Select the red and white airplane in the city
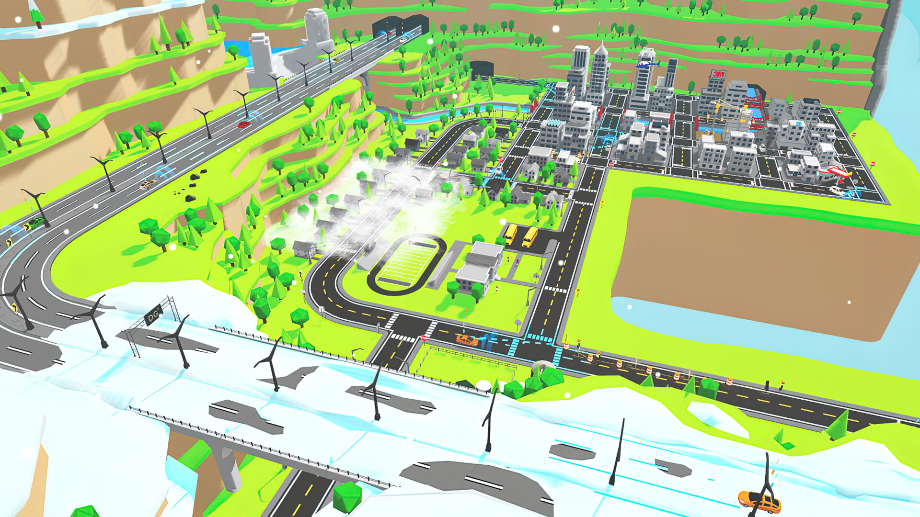(x=835, y=171)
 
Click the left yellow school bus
(x=511, y=234)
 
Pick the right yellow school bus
(x=530, y=236)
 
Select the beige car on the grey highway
(x=149, y=184)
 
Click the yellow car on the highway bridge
(x=336, y=60)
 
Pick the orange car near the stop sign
(x=467, y=340)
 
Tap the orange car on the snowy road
(x=759, y=501)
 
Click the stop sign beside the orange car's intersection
(x=424, y=338)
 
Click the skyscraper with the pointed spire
(x=599, y=72)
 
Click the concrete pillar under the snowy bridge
(x=225, y=464)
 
